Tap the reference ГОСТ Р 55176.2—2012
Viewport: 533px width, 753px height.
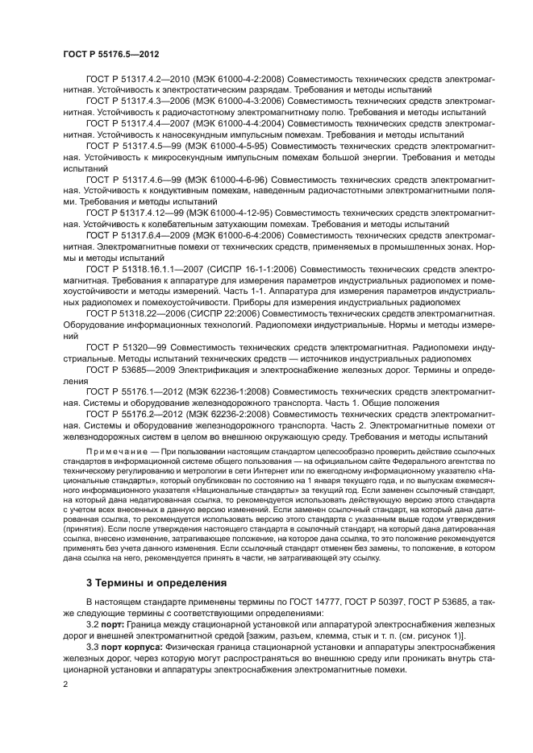pyautogui.click(x=135, y=412)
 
